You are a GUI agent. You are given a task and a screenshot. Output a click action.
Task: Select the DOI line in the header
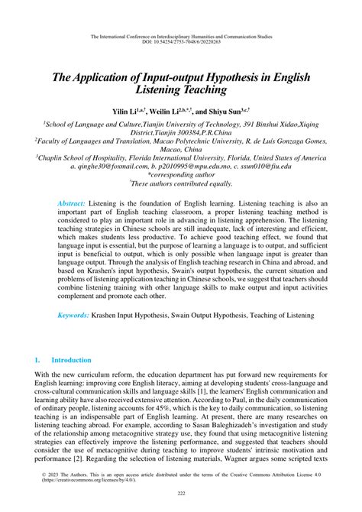181,41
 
